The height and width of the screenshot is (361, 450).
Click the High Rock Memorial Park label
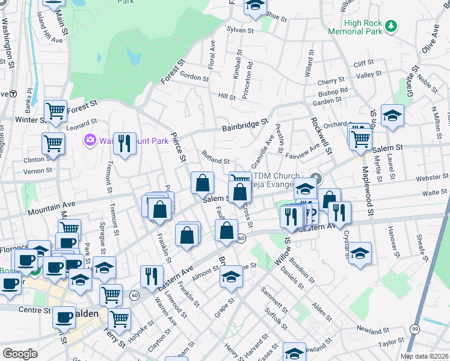pyautogui.click(x=355, y=27)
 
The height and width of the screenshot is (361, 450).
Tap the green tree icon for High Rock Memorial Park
pyautogui.click(x=392, y=25)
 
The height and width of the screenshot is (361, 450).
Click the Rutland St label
pyautogui.click(x=216, y=158)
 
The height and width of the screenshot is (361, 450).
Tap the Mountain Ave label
pyautogui.click(x=51, y=208)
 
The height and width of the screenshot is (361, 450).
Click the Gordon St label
pyautogui.click(x=194, y=77)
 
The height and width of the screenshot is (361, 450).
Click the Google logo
pyautogui.click(x=20, y=353)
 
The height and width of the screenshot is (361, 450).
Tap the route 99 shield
pyautogui.click(x=415, y=329)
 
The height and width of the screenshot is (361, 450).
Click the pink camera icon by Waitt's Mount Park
pyautogui.click(x=90, y=140)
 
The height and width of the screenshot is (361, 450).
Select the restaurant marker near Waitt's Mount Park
pyautogui.click(x=125, y=143)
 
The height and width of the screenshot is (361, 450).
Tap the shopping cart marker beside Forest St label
pyautogui.click(x=55, y=110)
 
